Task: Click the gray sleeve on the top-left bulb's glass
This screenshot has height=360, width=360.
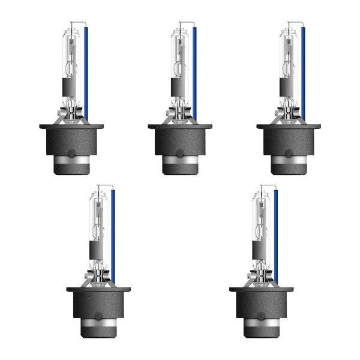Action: click(70, 89)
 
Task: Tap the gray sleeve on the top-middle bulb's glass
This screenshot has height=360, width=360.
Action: click(178, 89)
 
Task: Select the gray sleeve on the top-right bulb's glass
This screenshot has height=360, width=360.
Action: click(286, 89)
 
